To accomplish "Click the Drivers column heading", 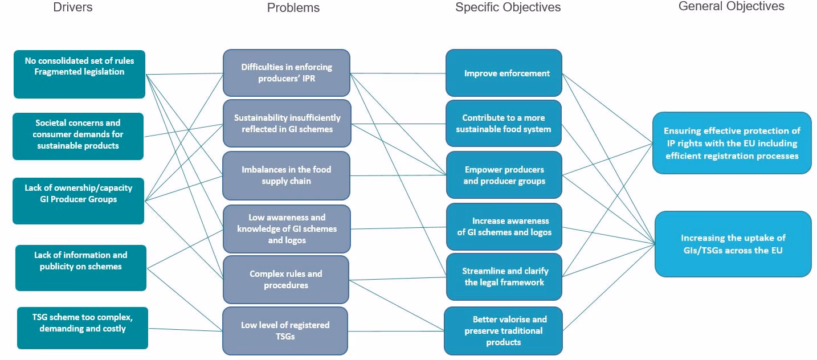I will (72, 7).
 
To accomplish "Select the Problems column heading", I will (293, 8).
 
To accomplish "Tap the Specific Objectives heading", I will (508, 7).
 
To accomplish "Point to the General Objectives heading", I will (731, 6).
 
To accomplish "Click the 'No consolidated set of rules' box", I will (79, 73).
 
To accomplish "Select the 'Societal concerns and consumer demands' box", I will (78, 136).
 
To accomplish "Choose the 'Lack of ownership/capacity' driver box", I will (78, 201).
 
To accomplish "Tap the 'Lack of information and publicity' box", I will (80, 267).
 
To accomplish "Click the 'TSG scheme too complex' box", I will (83, 328).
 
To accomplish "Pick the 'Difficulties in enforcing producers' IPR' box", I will (286, 72).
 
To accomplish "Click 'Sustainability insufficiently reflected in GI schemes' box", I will (287, 123).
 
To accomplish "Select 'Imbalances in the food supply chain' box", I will (286, 175).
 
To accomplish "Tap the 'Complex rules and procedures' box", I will (285, 279).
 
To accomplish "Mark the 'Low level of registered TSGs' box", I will (285, 330).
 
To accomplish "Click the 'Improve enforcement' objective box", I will (504, 73).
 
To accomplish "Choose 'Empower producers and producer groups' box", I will (504, 175).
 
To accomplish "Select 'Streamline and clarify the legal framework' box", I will (504, 276).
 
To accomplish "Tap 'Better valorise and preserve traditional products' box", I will (503, 330).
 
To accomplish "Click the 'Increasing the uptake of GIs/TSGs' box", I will (733, 244).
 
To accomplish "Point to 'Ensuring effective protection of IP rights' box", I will (732, 143).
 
